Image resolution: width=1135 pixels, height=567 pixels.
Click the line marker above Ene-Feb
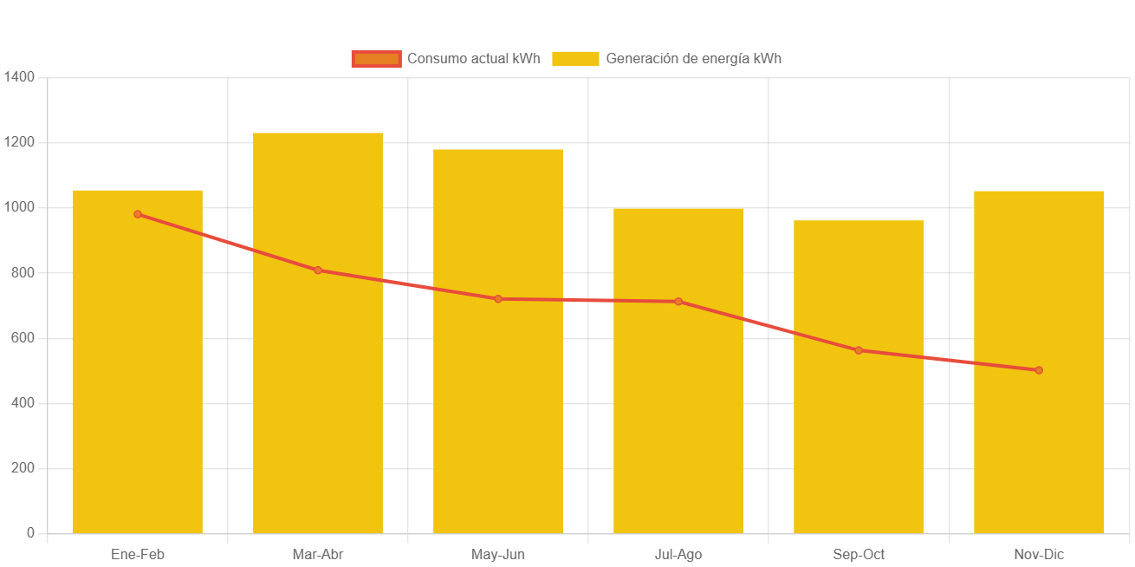[138, 214]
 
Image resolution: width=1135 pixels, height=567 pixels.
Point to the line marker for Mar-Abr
[318, 270]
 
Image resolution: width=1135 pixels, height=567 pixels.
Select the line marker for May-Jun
[498, 299]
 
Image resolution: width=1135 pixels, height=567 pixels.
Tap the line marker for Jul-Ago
[678, 302]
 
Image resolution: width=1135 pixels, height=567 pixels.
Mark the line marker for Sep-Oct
[859, 350]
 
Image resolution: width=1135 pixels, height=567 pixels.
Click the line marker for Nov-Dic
[1039, 370]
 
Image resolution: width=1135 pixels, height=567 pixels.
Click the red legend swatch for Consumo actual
[376, 59]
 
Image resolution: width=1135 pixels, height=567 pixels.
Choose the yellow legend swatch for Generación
[575, 59]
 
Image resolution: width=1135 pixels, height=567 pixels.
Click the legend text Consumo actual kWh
[474, 59]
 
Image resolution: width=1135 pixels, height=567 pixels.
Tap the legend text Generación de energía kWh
[693, 59]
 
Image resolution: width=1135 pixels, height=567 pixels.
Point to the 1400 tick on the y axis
[19, 77]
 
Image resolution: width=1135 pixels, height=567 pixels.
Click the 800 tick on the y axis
[23, 273]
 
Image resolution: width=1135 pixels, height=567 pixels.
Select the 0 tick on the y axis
[30, 533]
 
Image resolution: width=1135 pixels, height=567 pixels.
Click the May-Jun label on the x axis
[498, 555]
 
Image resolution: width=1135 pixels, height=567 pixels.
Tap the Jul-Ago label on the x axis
[678, 555]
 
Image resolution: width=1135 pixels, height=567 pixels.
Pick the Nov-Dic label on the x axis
[1039, 555]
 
